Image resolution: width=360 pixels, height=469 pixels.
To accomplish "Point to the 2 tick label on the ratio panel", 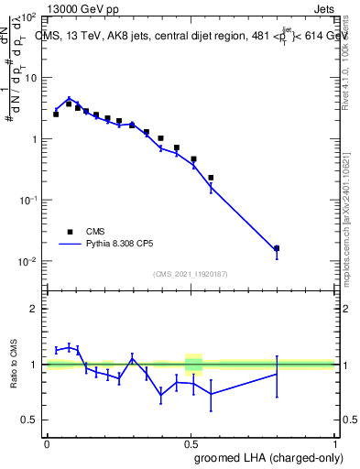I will pyautogui.click(x=34, y=309).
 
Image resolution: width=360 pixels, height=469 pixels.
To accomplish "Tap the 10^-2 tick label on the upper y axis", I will pyautogui.click(x=28, y=261).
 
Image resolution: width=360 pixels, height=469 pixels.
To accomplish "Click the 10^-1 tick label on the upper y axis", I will pyautogui.click(x=28, y=200).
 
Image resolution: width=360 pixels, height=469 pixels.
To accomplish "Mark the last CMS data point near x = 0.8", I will pyautogui.click(x=277, y=248).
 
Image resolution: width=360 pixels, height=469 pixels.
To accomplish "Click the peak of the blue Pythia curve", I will pyautogui.click(x=69, y=99).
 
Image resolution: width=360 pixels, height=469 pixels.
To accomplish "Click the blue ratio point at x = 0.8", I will pyautogui.click(x=277, y=374).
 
